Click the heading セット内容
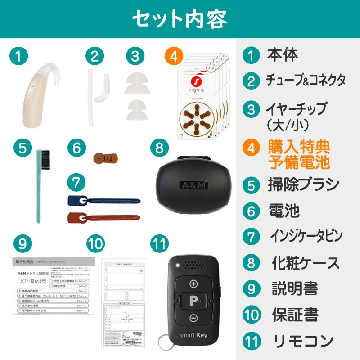pyautogui.click(x=180, y=19)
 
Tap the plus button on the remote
pyautogui.click(x=194, y=283)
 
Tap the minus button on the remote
pyautogui.click(x=194, y=318)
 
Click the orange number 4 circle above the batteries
pyautogui.click(x=174, y=56)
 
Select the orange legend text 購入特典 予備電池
pyautogui.click(x=299, y=154)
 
